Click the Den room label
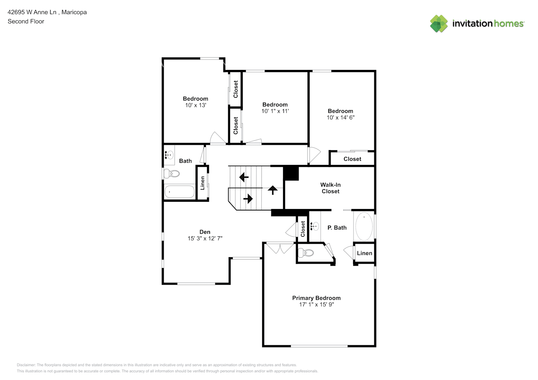click(205, 232)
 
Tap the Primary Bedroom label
click(316, 298)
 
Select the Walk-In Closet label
click(331, 188)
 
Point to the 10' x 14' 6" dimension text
click(341, 117)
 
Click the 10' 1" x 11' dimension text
click(275, 111)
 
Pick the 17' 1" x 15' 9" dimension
click(316, 305)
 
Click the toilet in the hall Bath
click(172, 173)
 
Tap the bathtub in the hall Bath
click(180, 192)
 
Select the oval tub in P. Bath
click(364, 226)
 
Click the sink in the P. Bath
click(314, 226)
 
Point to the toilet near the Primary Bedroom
click(306, 253)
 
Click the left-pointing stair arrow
click(244, 177)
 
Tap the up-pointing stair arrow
click(272, 190)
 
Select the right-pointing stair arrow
click(248, 199)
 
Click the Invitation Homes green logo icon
click(439, 24)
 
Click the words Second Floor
click(26, 21)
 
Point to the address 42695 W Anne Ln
click(32, 12)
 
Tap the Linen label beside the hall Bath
click(202, 183)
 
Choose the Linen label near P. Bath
click(365, 253)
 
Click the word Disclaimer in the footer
click(26, 365)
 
